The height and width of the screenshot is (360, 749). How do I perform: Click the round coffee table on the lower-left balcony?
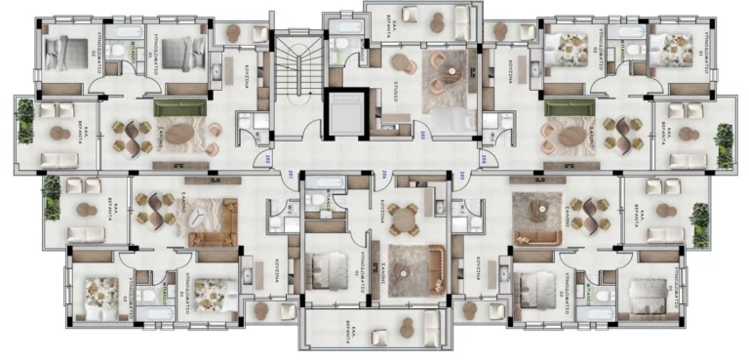tap(82, 210)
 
